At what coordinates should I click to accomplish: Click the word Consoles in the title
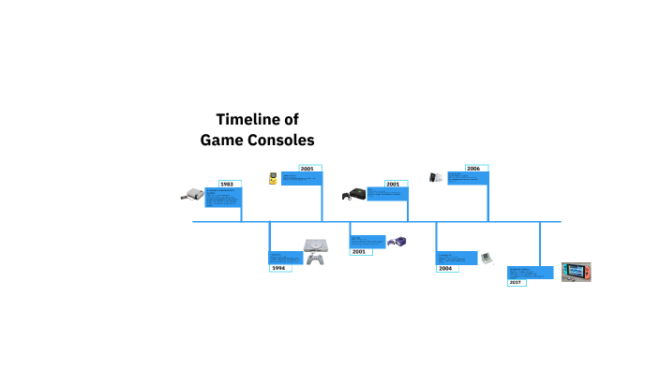click(x=279, y=140)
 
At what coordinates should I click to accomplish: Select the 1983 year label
click(x=226, y=184)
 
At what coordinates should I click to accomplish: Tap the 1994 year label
click(x=278, y=268)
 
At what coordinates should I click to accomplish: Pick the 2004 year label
click(x=445, y=268)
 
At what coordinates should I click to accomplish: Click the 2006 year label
click(x=472, y=169)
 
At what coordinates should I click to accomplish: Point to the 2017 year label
click(x=516, y=281)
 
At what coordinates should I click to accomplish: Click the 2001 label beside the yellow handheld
click(x=307, y=169)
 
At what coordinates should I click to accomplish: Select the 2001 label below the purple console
click(x=358, y=251)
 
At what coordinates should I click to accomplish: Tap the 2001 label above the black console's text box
click(x=392, y=184)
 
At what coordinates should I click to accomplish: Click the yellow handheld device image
click(x=273, y=177)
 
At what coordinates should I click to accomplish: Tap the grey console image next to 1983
click(x=192, y=196)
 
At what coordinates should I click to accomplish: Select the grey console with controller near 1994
click(x=315, y=250)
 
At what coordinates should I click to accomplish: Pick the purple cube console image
click(x=397, y=242)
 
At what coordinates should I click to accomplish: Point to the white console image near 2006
click(x=436, y=176)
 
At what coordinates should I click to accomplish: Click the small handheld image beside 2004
click(x=487, y=258)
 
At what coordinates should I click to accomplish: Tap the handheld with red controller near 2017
click(x=577, y=272)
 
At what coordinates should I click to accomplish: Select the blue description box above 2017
click(x=532, y=273)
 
